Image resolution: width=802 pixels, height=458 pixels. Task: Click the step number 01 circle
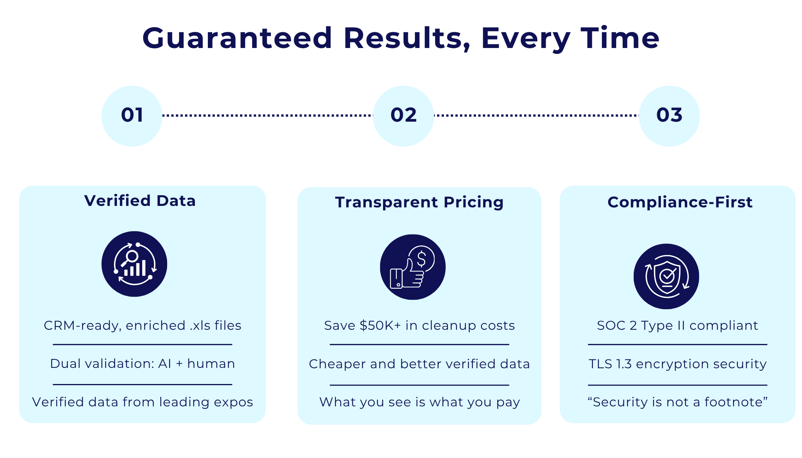tap(132, 116)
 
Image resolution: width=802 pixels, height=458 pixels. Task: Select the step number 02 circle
tap(403, 116)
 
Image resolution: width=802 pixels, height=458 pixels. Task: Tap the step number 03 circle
tap(669, 116)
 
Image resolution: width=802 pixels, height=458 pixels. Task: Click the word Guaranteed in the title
tap(237, 38)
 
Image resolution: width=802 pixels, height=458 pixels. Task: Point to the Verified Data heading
tap(140, 201)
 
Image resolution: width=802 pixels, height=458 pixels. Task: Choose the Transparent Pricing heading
tap(419, 202)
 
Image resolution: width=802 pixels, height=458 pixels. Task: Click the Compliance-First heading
tap(680, 202)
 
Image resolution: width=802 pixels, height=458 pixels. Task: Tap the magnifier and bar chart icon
tap(134, 264)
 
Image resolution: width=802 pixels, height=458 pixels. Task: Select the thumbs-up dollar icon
tap(413, 267)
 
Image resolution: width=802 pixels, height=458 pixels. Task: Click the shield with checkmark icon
tap(666, 276)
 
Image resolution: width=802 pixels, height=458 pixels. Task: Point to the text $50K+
tap(380, 325)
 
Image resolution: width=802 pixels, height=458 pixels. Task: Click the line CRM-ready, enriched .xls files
tap(142, 325)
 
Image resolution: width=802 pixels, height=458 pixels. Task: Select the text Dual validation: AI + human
tap(142, 363)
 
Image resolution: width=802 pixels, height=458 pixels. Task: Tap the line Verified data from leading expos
tap(142, 402)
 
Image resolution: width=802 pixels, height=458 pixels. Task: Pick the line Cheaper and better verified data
tap(419, 364)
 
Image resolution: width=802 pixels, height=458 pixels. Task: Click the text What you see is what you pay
tap(419, 402)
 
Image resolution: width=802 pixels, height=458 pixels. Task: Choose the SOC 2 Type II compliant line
tap(677, 325)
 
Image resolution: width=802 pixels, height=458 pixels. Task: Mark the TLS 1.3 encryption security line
tap(677, 364)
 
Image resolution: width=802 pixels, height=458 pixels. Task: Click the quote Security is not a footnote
tap(677, 402)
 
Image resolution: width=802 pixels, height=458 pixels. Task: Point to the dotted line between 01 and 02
tap(268, 115)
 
